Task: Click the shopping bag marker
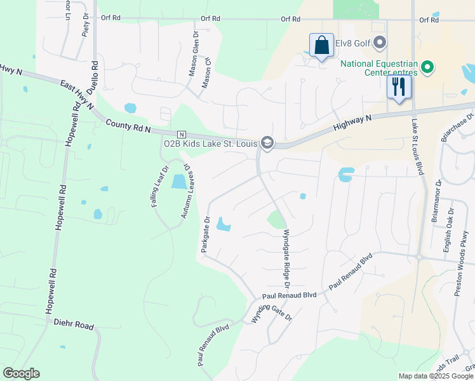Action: pyautogui.click(x=321, y=46)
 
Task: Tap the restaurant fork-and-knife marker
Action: pyautogui.click(x=399, y=86)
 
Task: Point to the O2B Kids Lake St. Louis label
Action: pyautogui.click(x=210, y=143)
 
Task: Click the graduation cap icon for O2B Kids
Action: pyautogui.click(x=267, y=142)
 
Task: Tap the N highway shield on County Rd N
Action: pyautogui.click(x=181, y=135)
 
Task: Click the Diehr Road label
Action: pyautogui.click(x=74, y=324)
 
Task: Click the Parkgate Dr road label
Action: pyautogui.click(x=205, y=235)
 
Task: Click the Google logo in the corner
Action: pyautogui.click(x=21, y=373)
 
